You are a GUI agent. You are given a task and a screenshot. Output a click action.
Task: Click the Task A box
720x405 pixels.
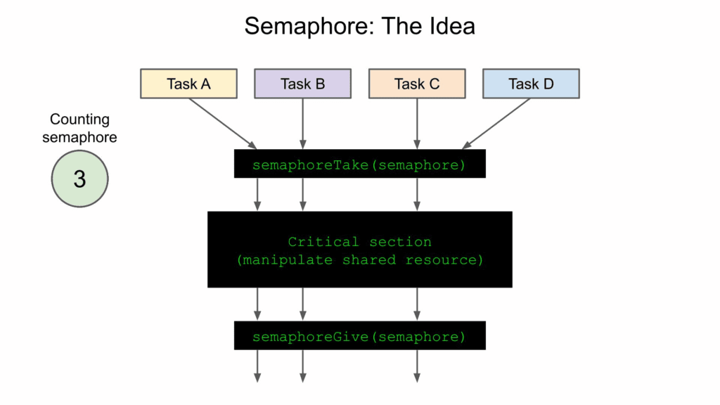(188, 84)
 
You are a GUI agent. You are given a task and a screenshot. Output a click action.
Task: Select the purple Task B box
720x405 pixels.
(302, 84)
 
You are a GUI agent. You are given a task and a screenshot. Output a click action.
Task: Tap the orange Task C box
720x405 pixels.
(417, 84)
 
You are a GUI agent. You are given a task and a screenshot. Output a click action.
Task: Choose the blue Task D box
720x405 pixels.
(531, 84)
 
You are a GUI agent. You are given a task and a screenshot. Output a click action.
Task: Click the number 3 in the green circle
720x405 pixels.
(79, 179)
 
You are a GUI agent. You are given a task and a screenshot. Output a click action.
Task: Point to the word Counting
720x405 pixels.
(79, 120)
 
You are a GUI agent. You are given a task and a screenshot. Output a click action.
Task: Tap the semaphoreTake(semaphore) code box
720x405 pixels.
(359, 165)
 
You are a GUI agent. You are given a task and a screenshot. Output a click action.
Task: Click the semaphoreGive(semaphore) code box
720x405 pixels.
(359, 336)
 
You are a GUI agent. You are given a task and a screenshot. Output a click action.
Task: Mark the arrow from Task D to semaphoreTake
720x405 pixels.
(496, 123)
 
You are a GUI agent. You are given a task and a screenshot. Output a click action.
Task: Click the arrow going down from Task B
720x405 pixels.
(302, 123)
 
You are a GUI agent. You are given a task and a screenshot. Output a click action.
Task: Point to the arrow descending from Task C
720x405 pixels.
(417, 123)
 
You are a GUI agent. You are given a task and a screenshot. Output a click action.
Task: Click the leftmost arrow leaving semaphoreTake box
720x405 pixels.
(257, 194)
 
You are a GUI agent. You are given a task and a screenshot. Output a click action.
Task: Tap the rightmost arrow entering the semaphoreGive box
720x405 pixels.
(417, 304)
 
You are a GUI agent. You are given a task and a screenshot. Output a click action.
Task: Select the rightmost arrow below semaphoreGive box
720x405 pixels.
(417, 366)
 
